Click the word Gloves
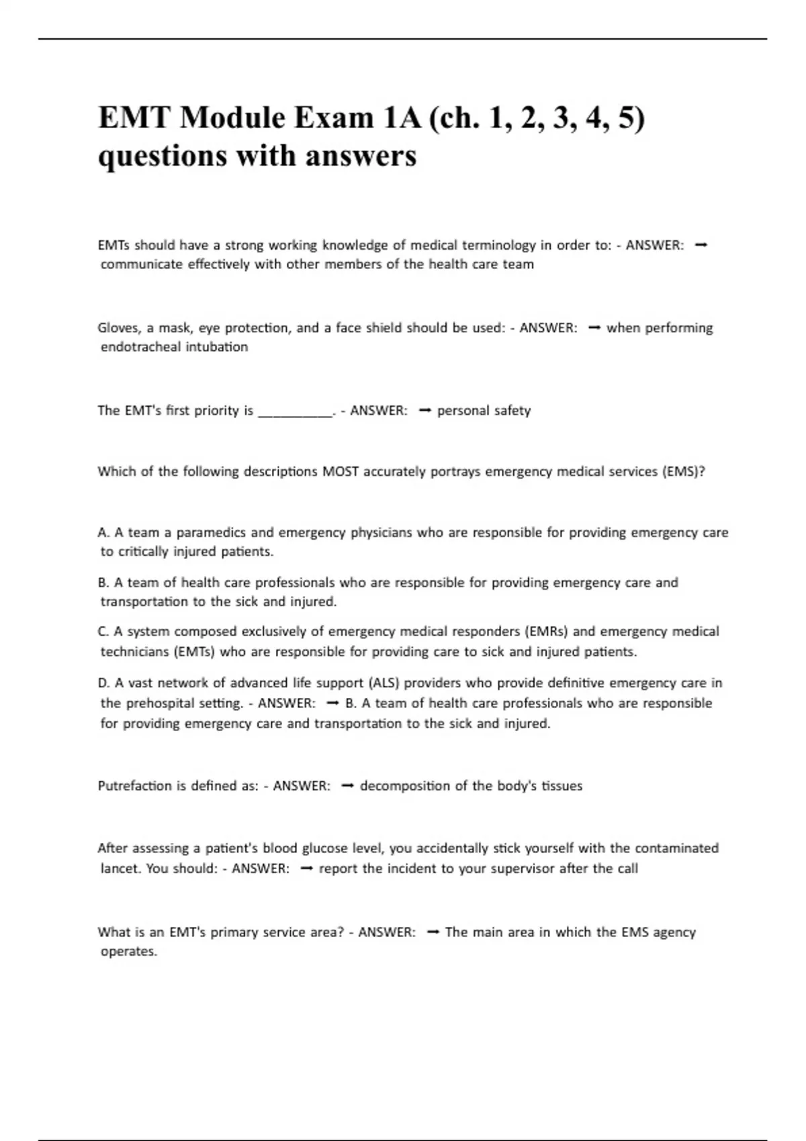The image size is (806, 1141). click(118, 328)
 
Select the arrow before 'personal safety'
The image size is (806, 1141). click(424, 411)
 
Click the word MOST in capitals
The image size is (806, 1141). click(341, 471)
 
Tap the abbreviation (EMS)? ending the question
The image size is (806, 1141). click(684, 471)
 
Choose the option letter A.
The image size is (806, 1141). click(103, 533)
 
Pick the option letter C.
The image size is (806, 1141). click(103, 632)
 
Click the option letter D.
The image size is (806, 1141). click(103, 683)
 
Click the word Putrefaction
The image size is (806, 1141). click(135, 786)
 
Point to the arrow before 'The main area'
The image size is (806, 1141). click(433, 932)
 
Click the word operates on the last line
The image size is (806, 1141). click(128, 952)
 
